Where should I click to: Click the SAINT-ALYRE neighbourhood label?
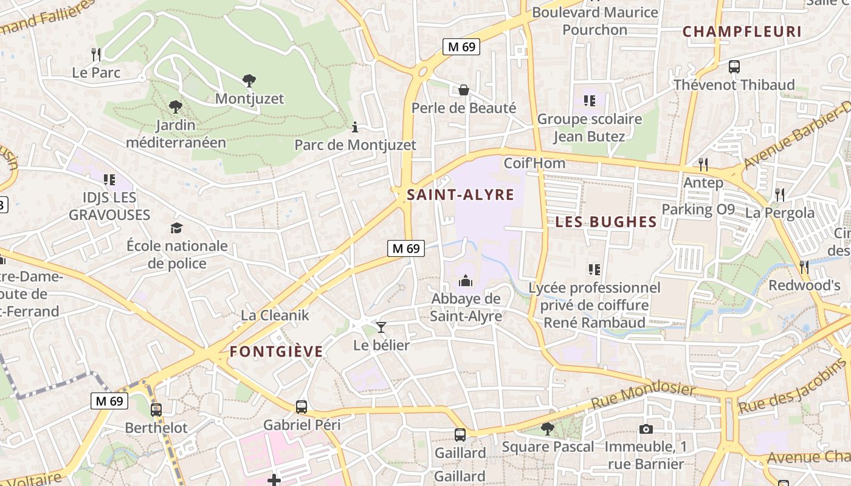460,195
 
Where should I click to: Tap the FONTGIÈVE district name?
277,351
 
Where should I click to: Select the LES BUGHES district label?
606,222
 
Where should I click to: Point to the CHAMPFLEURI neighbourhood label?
742,32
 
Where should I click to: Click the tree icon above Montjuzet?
249,80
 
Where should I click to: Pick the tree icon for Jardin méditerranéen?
176,107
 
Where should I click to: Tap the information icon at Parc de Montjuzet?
355,127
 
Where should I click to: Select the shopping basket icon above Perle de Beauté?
464,90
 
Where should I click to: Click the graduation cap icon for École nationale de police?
176,228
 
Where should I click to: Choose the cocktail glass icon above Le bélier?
381,327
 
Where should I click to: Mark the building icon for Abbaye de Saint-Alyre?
466,281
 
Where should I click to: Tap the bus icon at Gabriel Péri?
301,407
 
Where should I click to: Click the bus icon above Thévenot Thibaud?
734,67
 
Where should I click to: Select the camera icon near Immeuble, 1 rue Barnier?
646,430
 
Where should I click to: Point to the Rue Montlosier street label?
643,395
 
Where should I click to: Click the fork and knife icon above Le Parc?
96,54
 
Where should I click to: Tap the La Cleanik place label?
275,315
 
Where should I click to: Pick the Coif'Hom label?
534,163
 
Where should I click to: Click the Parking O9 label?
698,210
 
